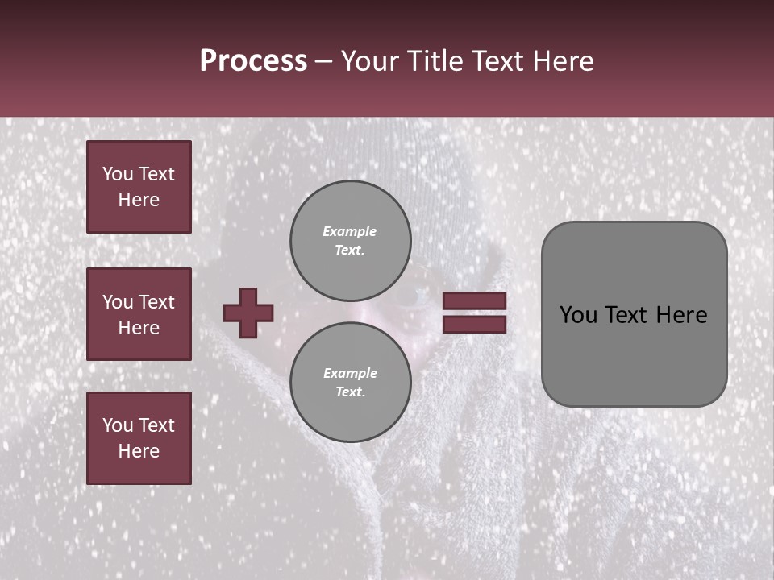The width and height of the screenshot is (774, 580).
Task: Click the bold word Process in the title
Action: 253,61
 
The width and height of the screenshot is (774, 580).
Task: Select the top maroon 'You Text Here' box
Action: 139,187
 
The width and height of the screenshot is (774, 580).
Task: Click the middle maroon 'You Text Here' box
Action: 139,314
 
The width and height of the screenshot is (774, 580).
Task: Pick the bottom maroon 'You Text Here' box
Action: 139,438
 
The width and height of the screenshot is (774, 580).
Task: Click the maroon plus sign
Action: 248,313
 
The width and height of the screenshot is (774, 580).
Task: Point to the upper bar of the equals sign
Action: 474,301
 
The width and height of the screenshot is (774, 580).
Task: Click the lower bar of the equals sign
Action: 474,324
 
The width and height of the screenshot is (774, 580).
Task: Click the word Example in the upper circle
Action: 350,231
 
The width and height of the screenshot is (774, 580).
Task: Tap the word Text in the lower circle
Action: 350,392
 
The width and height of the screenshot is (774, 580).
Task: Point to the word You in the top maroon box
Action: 118,174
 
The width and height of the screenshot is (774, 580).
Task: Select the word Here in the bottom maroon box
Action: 139,451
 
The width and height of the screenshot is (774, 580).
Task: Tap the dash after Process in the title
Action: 323,61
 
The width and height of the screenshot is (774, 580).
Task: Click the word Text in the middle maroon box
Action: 156,302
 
